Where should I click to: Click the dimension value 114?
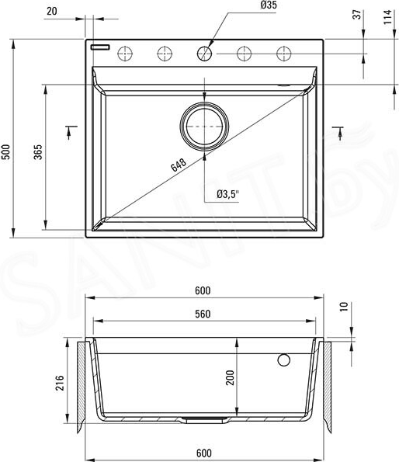tap(387, 17)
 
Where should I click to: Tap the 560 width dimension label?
tap(203, 315)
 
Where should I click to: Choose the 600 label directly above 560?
tap(203, 290)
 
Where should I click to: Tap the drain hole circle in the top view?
tap(205, 125)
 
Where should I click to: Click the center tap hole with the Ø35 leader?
tap(205, 53)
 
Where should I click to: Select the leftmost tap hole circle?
tap(123, 53)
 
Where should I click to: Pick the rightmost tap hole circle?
tap(284, 53)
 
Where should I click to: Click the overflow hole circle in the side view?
tap(284, 360)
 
